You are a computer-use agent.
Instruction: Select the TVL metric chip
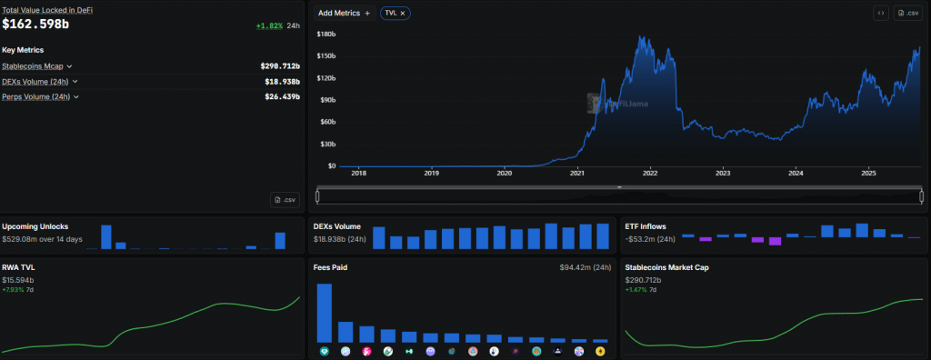tap(395, 14)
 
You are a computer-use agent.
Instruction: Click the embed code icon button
tap(880, 14)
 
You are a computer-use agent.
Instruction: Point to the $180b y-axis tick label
tap(326, 35)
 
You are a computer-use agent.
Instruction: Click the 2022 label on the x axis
tap(650, 173)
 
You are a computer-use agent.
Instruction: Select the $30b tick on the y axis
tap(328, 145)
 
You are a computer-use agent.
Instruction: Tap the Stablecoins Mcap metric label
tap(34, 66)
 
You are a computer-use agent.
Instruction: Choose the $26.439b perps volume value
tap(280, 96)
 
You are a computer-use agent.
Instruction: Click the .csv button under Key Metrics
tap(285, 199)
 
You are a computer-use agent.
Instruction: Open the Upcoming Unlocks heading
tap(35, 226)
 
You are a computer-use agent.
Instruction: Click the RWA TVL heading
tap(19, 268)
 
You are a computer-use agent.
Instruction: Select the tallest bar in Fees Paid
tap(325, 313)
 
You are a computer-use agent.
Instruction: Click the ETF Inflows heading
tap(647, 226)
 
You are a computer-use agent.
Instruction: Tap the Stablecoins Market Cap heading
tap(667, 268)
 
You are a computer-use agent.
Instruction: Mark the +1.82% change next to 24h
tap(268, 25)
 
